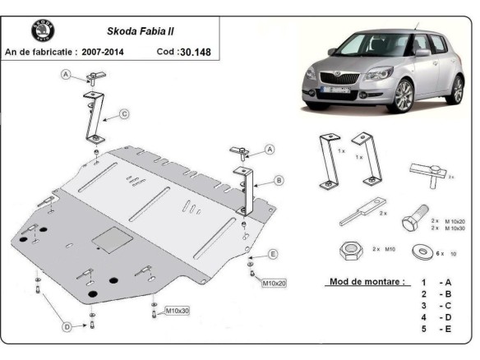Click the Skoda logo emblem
pos(42,31)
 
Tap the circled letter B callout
pos(279,180)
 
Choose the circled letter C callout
pos(124,113)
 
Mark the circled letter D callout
pos(68,329)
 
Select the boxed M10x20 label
pos(275,284)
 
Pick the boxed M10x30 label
pos(178,311)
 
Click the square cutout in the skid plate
pos(108,240)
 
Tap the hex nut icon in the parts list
pos(347,248)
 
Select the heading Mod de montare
pos(367,281)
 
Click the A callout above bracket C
pos(65,76)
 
